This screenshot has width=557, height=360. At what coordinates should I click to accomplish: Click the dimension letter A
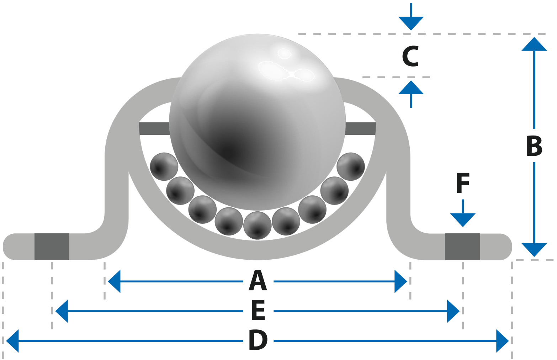[258, 281]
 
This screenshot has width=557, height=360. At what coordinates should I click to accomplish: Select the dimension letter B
[534, 146]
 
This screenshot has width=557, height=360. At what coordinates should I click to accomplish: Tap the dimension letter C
[410, 56]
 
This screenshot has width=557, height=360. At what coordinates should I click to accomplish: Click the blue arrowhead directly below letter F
[463, 220]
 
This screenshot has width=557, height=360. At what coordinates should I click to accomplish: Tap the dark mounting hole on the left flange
[52, 247]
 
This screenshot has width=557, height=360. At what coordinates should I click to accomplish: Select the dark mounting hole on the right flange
[462, 247]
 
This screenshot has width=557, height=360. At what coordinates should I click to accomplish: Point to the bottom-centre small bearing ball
[258, 226]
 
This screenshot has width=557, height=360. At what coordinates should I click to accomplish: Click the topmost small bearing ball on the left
[164, 166]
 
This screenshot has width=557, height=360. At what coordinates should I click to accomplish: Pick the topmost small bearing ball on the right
[351, 166]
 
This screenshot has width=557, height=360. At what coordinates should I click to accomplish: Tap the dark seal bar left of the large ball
[154, 128]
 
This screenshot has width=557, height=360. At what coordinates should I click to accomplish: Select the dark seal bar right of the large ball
[360, 128]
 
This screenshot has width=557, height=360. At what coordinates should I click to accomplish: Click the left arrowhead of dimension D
[12, 341]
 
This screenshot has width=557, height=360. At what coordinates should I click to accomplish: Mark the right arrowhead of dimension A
[400, 281]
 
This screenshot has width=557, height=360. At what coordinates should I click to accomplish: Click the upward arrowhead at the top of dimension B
[534, 44]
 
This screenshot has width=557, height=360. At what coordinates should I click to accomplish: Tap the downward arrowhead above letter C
[411, 23]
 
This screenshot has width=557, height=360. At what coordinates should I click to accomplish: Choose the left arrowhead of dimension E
[62, 311]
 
